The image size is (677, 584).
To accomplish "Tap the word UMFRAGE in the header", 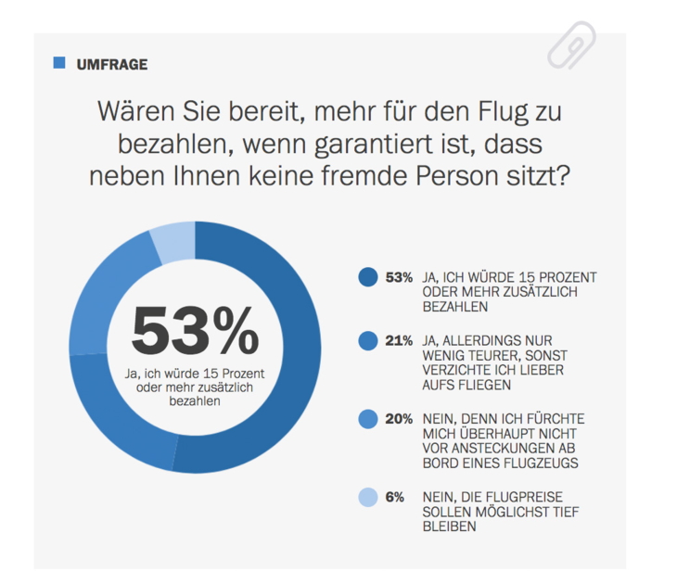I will point(112,65).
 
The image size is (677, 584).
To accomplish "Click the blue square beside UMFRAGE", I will point(60,63).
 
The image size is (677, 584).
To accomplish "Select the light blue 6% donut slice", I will point(173,243).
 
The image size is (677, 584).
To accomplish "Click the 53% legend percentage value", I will point(399,277).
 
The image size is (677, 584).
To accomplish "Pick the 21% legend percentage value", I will point(399,341).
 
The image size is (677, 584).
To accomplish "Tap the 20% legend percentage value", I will point(399,419).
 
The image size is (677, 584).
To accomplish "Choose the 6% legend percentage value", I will point(395,497).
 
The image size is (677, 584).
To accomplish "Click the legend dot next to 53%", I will point(367,277).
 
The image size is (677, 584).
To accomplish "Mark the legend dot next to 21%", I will point(367,341).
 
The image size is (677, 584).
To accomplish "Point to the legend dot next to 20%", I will point(367,419).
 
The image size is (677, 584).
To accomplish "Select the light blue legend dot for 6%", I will point(367,497).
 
